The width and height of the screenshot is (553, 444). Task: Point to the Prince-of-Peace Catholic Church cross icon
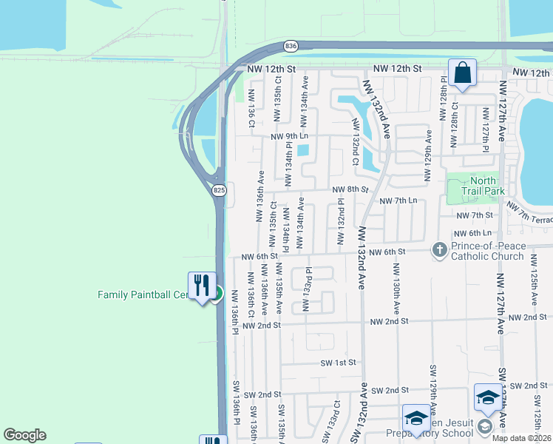(x=439, y=249)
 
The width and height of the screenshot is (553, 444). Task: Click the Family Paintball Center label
(x=144, y=295)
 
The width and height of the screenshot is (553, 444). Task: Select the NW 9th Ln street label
(x=289, y=136)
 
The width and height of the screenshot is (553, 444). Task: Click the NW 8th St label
(x=350, y=189)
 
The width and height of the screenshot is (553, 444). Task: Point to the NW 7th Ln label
(x=398, y=201)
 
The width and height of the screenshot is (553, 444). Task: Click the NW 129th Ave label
(x=428, y=155)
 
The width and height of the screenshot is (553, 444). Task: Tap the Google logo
(x=24, y=435)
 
